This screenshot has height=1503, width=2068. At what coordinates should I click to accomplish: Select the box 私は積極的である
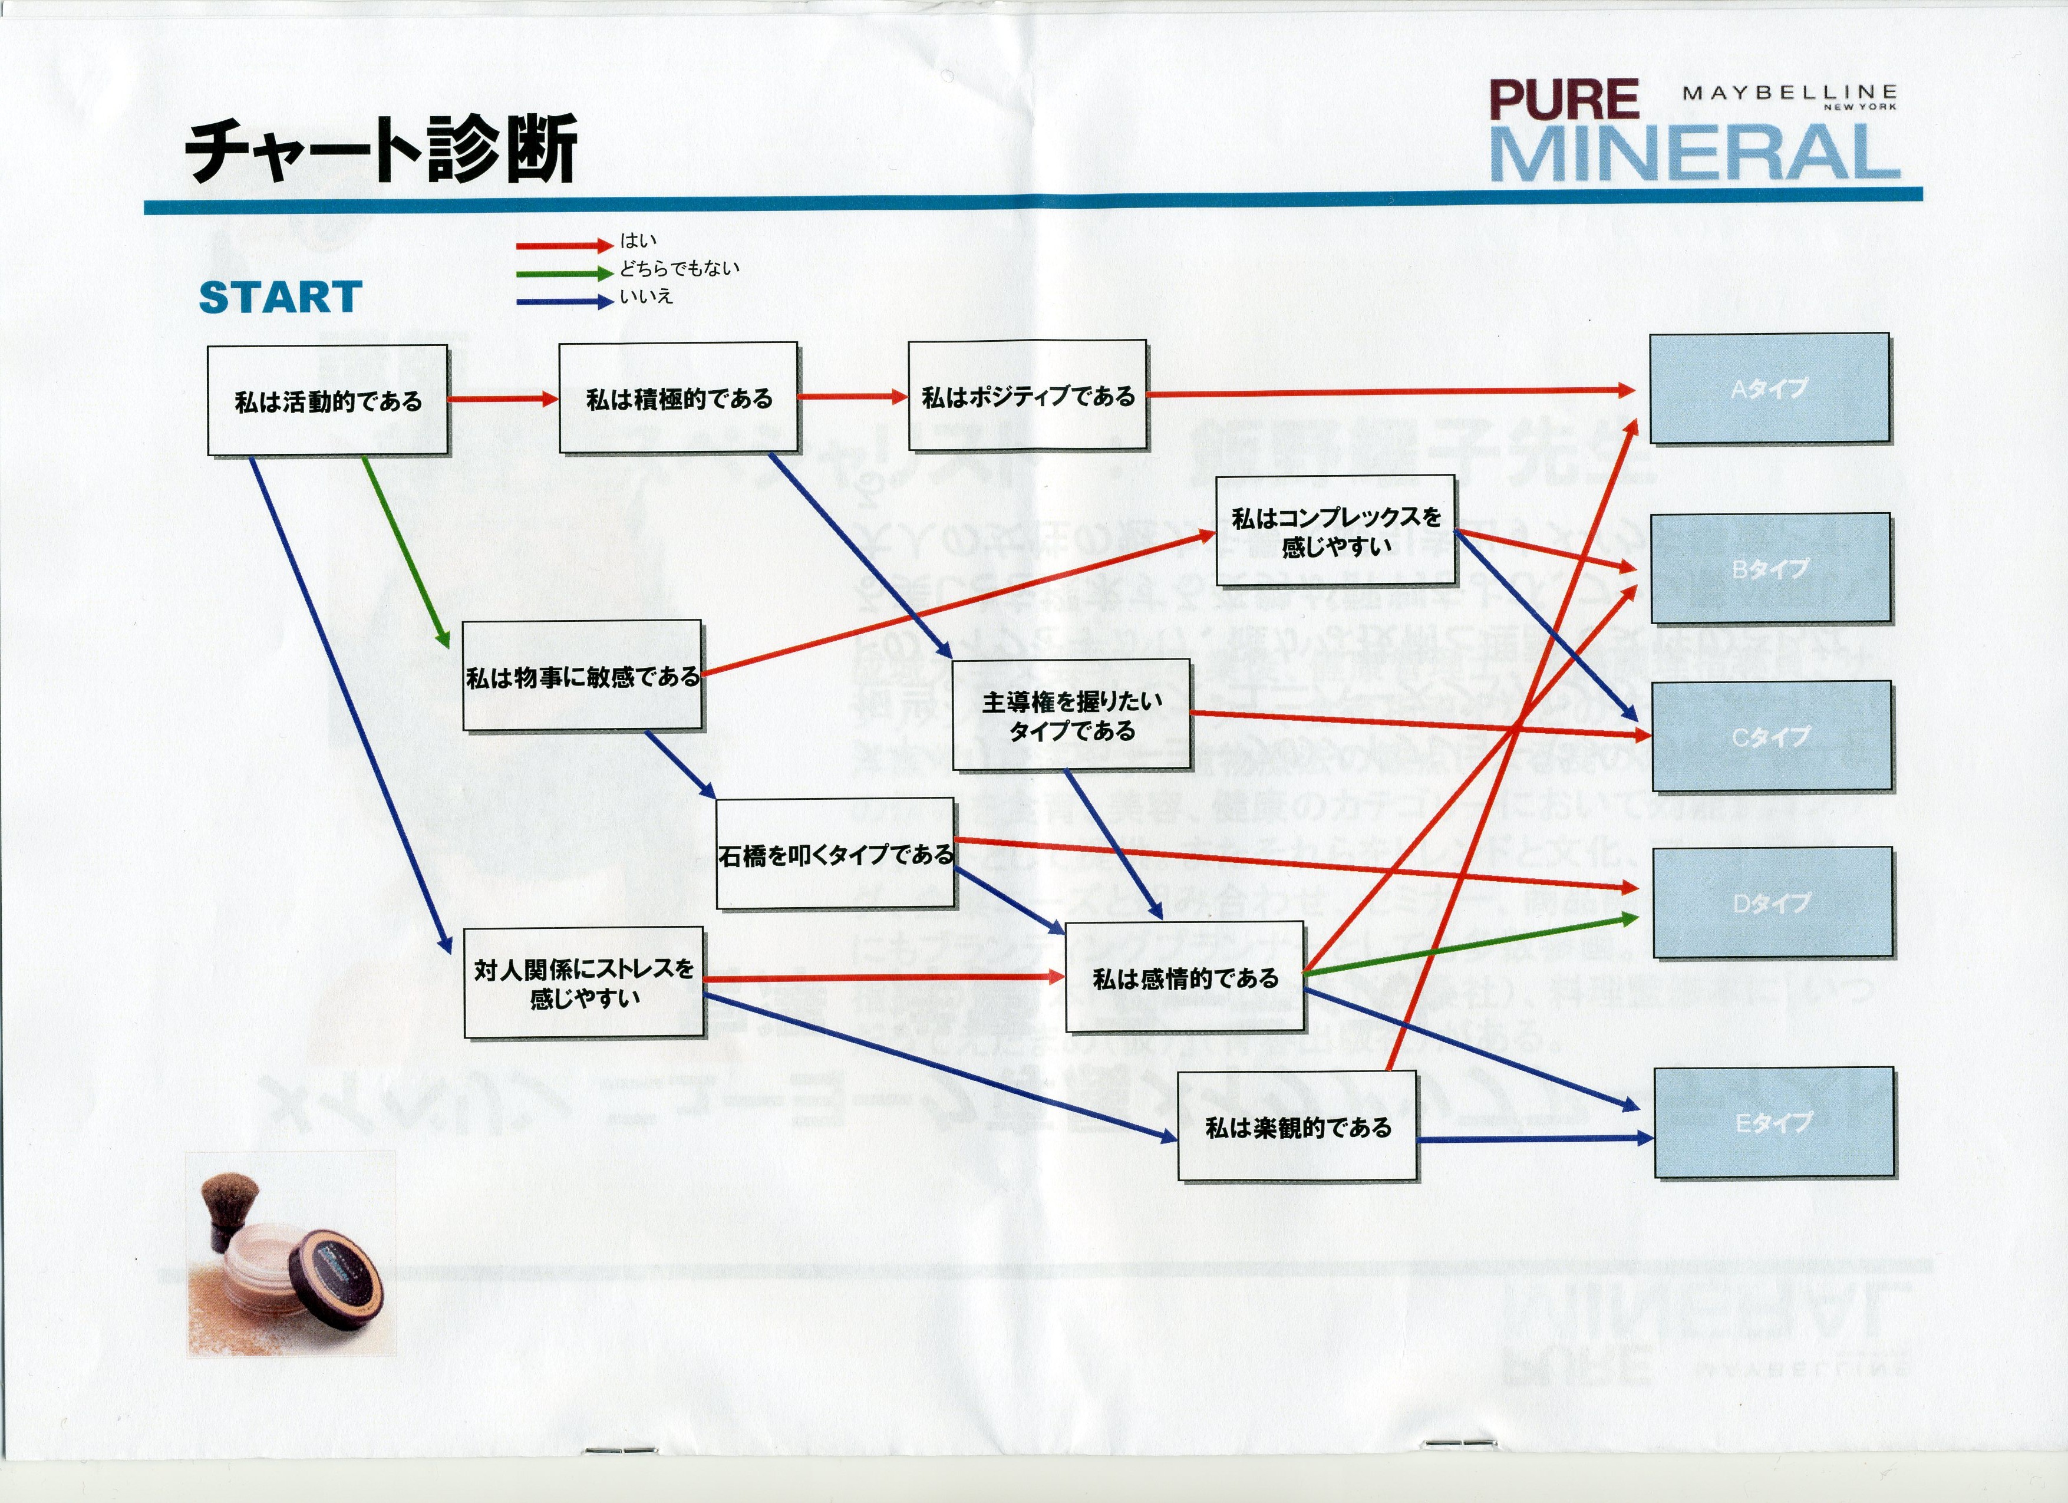click(x=678, y=398)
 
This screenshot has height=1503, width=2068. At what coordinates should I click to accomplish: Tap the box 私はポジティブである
click(x=1028, y=396)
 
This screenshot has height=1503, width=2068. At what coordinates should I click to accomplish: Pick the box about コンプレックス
click(x=1336, y=531)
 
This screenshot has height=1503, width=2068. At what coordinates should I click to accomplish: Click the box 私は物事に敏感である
click(x=583, y=676)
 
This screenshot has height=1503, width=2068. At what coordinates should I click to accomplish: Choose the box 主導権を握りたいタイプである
click(x=1072, y=715)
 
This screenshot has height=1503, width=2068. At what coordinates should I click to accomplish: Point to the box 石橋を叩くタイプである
click(x=835, y=853)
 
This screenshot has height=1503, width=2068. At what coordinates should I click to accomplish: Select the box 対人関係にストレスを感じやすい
click(x=583, y=982)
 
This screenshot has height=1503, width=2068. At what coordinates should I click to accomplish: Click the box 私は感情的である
click(x=1185, y=978)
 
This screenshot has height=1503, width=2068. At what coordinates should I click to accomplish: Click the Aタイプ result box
click(x=1769, y=388)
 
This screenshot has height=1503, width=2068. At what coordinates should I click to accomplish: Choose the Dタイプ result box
click(x=1773, y=903)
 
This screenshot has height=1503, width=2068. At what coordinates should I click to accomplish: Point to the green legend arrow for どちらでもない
click(x=563, y=273)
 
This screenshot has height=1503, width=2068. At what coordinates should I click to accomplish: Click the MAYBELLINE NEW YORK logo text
click(x=1789, y=95)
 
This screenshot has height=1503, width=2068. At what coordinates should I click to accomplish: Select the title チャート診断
click(x=381, y=149)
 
